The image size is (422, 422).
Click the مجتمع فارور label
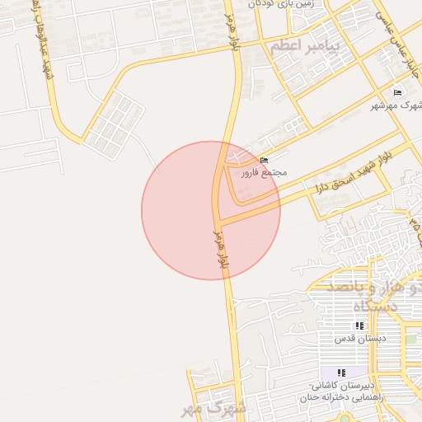pyautogui.click(x=263, y=173)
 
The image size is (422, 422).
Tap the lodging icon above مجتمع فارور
pyautogui.click(x=263, y=160)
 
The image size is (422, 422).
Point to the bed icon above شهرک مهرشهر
pyautogui.click(x=397, y=92)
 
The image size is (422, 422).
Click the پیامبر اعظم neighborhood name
pyautogui.click(x=304, y=45)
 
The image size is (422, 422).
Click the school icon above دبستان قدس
pyautogui.click(x=358, y=326)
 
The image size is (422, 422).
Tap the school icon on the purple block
pyautogui.click(x=341, y=373)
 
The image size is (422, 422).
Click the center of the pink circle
pyautogui.click(x=211, y=210)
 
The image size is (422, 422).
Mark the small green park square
pyautogui.click(x=410, y=339)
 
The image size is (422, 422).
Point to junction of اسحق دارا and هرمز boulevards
pyautogui.click(x=222, y=220)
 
